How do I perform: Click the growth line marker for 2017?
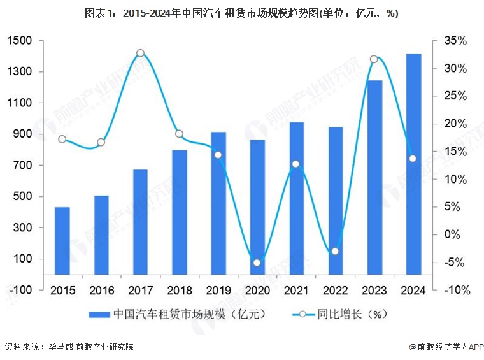point(140,54)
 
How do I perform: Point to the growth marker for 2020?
point(257,263)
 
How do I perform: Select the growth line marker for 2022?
point(335,251)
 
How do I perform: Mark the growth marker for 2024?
point(413,158)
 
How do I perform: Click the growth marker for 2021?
point(296,164)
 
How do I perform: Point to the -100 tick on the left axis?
point(19,290)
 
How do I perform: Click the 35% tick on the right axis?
point(456,41)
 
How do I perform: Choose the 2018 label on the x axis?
point(179,290)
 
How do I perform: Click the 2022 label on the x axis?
point(335,290)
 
